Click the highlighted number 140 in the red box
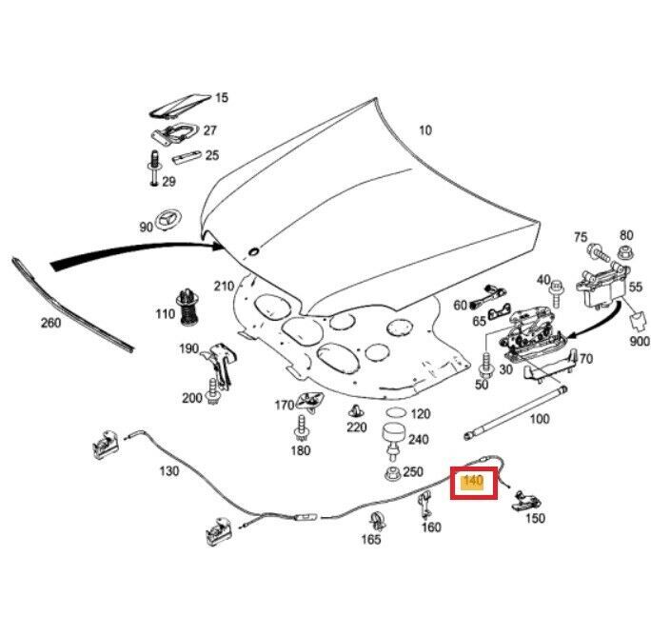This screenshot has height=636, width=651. (473, 482)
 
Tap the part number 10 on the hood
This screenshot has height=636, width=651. (424, 130)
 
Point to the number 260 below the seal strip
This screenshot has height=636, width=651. (49, 323)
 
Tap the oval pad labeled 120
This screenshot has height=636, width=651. (395, 413)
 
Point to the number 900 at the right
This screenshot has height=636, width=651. (639, 341)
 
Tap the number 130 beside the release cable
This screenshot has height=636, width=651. (168, 471)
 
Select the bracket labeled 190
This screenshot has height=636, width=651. (220, 363)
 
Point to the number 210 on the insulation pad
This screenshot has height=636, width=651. (224, 287)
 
